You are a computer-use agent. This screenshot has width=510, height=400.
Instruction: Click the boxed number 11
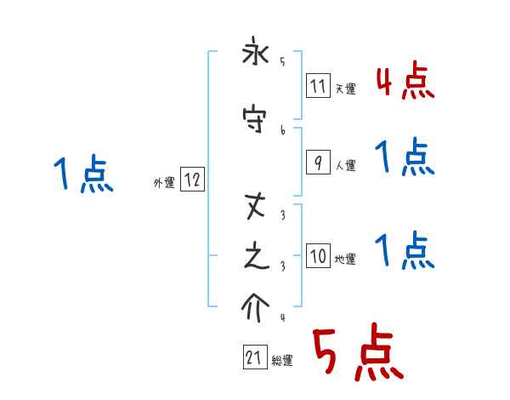[x=318, y=86]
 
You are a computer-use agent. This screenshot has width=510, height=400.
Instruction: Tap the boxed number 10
[x=318, y=257]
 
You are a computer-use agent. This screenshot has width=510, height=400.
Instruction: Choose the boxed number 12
[x=192, y=180]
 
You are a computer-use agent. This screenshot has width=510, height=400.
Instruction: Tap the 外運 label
[x=163, y=182]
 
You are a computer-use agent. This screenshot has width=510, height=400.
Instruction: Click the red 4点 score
[x=405, y=80]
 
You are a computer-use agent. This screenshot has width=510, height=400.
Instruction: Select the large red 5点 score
[x=357, y=355]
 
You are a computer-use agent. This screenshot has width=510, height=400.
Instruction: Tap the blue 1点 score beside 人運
[x=405, y=157]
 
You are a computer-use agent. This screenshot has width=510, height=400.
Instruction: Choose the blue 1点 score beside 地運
[x=405, y=250]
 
